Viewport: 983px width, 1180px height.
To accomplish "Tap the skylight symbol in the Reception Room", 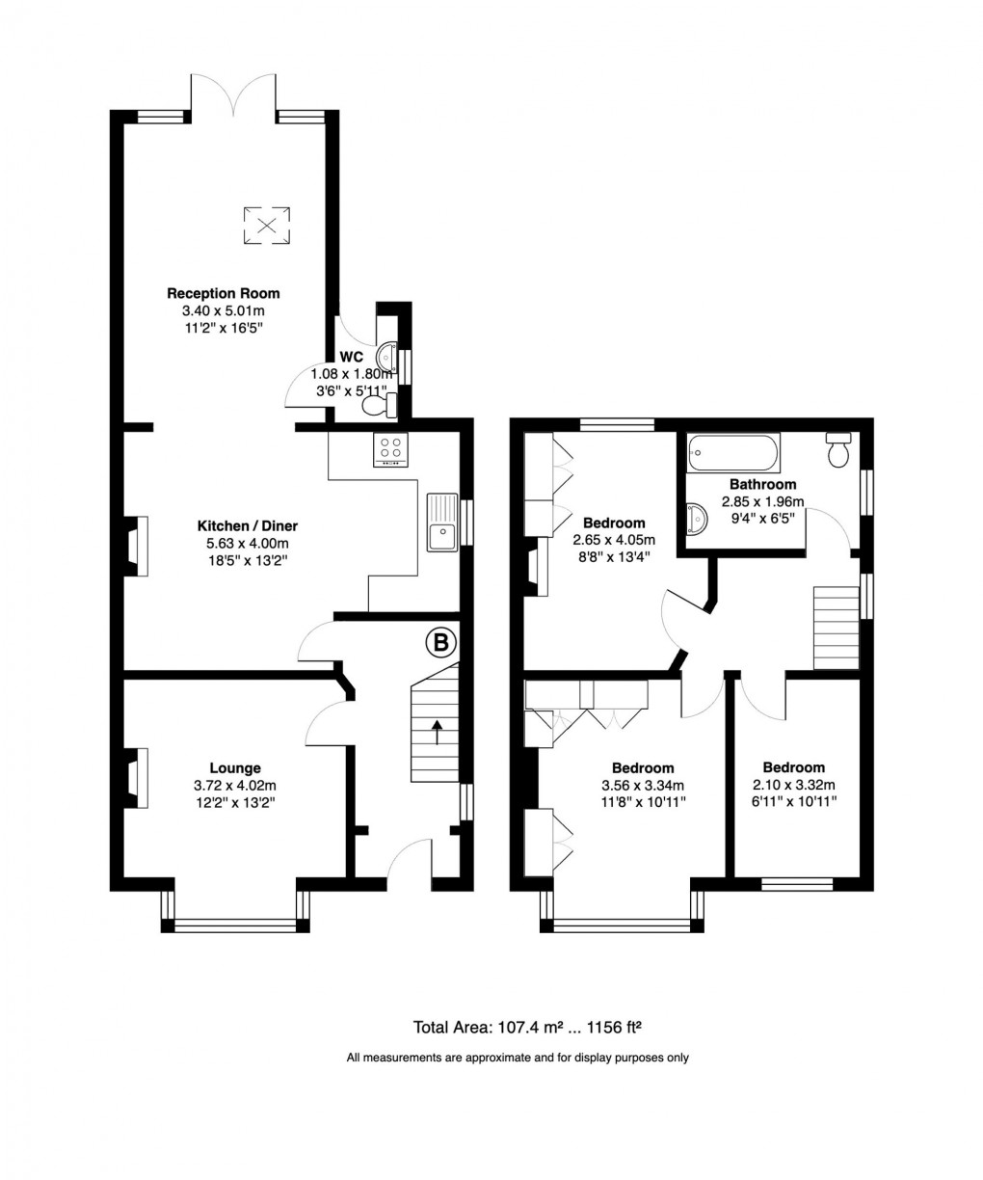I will [x=266, y=226].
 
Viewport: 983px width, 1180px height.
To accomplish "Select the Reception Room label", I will [x=224, y=293].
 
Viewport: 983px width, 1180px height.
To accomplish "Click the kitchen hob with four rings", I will [x=391, y=448].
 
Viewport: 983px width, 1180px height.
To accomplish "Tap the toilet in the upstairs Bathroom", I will [x=838, y=449].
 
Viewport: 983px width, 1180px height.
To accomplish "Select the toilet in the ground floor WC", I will [x=376, y=408].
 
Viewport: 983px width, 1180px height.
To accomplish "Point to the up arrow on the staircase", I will [x=438, y=732].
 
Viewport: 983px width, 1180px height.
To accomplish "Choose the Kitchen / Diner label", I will [x=248, y=525].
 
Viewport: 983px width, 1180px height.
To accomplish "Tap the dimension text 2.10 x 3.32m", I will [x=795, y=784].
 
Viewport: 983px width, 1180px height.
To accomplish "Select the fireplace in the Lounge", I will [x=136, y=777].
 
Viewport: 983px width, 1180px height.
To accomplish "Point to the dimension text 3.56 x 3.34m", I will [x=643, y=784].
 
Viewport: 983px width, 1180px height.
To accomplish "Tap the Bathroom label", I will [x=762, y=484].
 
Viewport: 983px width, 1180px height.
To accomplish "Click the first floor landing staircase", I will [x=835, y=628].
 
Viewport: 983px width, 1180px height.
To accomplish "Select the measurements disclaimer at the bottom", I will [x=518, y=1058].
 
